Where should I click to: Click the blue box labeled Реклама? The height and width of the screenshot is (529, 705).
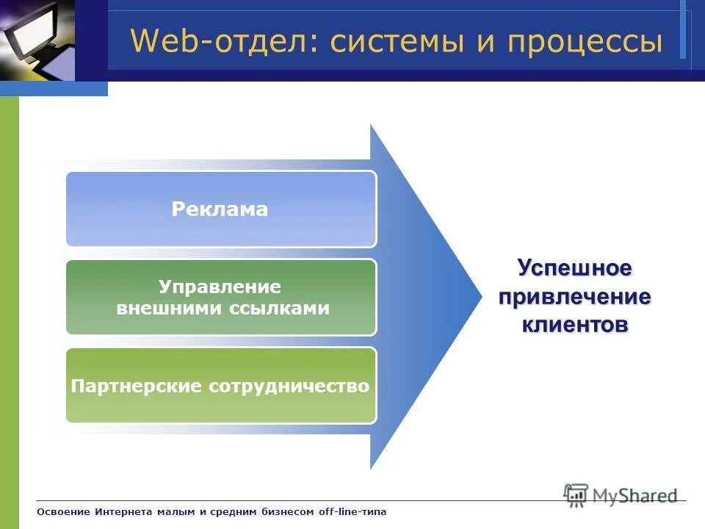[x=220, y=209]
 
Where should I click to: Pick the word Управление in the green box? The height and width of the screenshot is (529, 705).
[x=220, y=287]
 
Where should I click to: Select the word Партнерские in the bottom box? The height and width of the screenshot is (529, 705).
[x=137, y=386]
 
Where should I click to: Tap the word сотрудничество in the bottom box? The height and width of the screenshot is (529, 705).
[x=290, y=386]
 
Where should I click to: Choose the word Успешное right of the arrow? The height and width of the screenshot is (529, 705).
[x=574, y=268]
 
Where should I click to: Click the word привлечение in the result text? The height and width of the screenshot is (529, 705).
[x=574, y=297]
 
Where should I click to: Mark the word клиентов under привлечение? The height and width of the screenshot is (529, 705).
[x=574, y=325]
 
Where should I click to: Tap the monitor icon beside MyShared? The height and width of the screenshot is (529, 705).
[x=576, y=494]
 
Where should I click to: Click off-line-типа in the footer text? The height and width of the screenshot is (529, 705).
[x=352, y=511]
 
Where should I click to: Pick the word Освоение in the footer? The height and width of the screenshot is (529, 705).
[x=63, y=511]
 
